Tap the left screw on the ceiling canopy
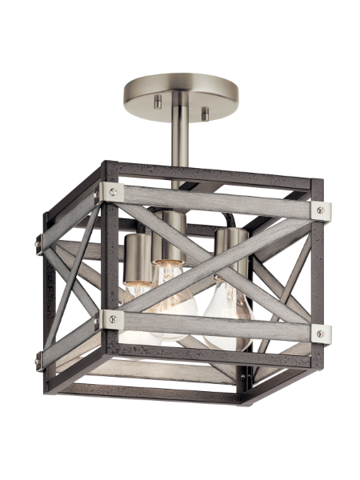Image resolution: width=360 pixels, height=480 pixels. click(157, 101)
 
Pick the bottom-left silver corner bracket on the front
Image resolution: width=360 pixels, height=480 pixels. click(110, 319)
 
